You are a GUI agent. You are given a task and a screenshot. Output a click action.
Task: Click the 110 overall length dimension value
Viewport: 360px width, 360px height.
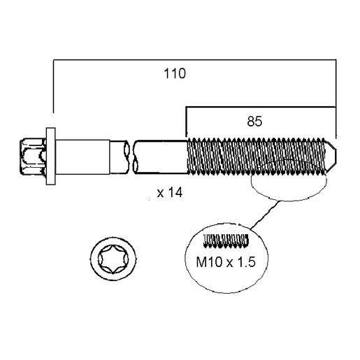(x=175, y=73)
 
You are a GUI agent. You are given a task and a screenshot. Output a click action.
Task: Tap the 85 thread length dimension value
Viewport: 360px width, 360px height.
(x=254, y=122)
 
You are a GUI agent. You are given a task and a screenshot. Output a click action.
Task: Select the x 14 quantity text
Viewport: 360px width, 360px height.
(x=170, y=193)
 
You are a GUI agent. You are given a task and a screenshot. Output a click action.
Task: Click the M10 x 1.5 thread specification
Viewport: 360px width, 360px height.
(x=226, y=262)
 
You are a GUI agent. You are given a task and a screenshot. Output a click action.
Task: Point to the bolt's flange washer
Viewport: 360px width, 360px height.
(x=51, y=156)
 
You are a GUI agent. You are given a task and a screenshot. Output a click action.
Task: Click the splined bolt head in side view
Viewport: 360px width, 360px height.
(x=33, y=156)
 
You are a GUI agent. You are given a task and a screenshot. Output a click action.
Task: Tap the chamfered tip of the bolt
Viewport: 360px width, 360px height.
(x=331, y=156)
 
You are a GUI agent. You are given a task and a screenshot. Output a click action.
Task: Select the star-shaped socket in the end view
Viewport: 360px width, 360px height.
(x=113, y=259)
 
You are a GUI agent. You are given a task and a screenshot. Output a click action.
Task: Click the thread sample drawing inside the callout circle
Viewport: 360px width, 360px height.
(x=226, y=240)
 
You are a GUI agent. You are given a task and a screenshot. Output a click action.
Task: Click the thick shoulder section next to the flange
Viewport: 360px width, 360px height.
(x=82, y=157)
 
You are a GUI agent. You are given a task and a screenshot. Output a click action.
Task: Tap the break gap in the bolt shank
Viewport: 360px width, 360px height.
(x=131, y=157)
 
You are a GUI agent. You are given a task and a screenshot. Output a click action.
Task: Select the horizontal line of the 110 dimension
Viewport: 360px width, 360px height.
(x=194, y=60)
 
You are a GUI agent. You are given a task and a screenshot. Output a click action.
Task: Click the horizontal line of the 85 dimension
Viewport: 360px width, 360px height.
(x=261, y=107)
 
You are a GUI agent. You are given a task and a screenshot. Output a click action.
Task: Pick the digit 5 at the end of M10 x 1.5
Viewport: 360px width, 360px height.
(x=252, y=262)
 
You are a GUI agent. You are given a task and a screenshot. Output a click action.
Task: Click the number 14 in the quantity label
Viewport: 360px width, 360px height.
(x=175, y=193)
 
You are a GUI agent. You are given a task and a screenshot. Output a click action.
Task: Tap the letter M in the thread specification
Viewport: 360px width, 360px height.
(x=201, y=262)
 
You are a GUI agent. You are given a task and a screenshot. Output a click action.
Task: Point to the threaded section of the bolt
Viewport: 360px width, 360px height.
(x=257, y=156)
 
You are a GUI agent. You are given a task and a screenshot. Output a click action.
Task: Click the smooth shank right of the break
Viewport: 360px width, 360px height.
(x=161, y=157)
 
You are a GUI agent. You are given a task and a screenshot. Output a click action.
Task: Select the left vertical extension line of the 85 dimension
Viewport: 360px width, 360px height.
(x=186, y=122)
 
